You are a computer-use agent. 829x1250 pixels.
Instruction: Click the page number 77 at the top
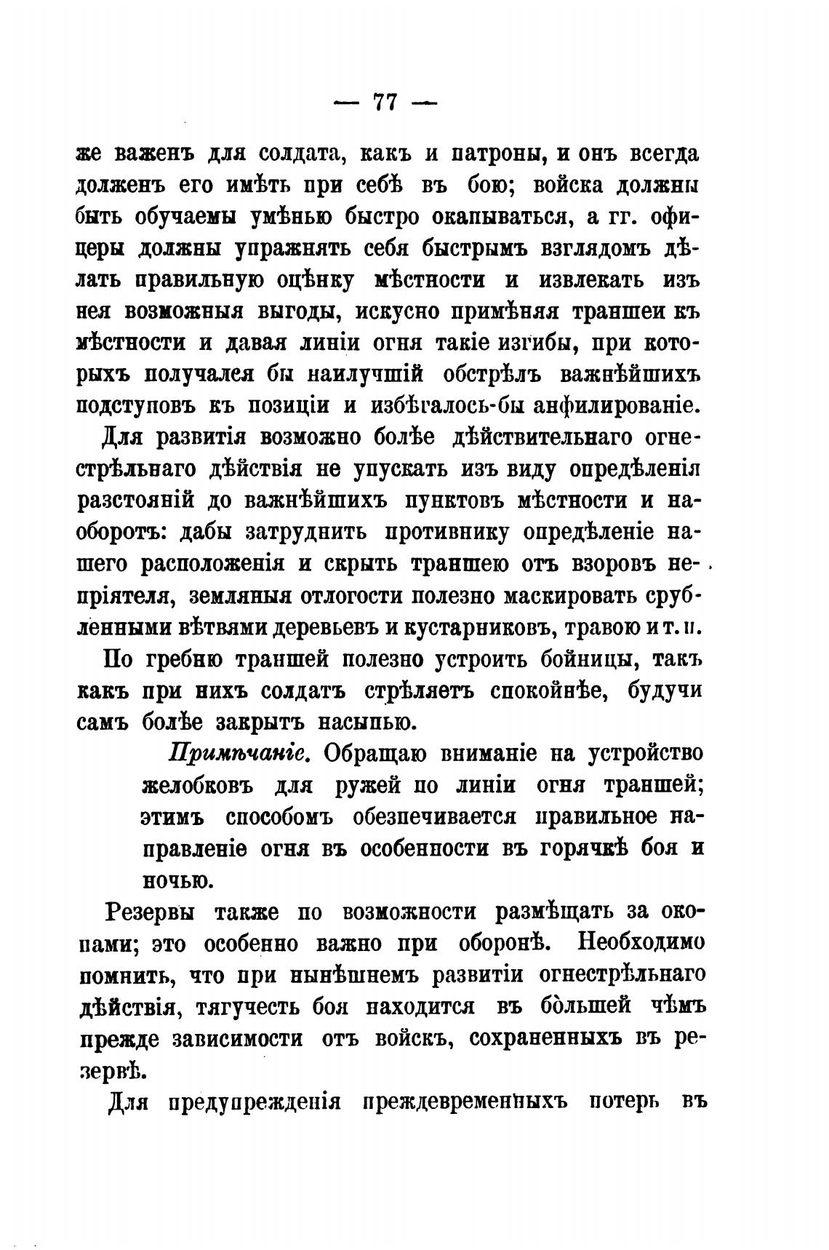pos(384,102)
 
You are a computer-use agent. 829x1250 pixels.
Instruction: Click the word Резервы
pos(153,912)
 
